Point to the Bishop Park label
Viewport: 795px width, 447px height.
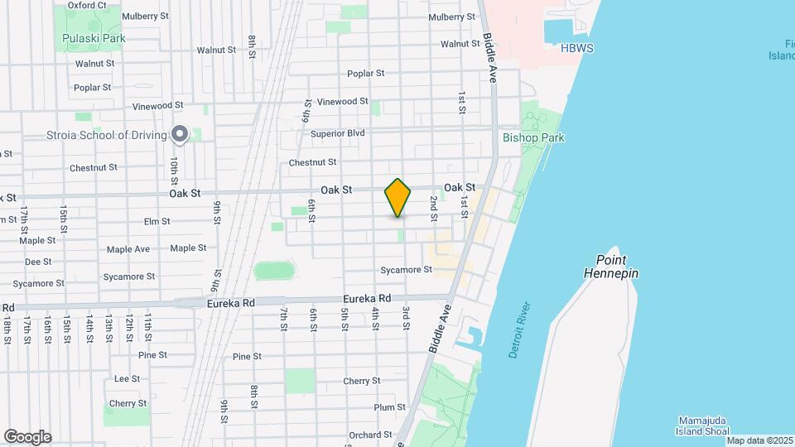[533, 137]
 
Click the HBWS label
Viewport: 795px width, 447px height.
[578, 50]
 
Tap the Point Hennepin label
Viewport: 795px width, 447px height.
[611, 266]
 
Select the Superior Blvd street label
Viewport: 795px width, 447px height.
[338, 132]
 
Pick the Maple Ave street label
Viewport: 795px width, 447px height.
[128, 249]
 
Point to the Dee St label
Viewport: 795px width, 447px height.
[38, 262]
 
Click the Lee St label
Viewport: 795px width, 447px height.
[127, 378]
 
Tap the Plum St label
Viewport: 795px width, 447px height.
[389, 407]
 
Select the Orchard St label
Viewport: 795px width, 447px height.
[364, 435]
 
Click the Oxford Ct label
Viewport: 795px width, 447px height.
[87, 5]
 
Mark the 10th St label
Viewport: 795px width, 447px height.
[174, 169]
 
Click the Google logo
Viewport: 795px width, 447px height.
[27, 437]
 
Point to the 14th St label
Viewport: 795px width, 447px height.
[89, 328]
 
